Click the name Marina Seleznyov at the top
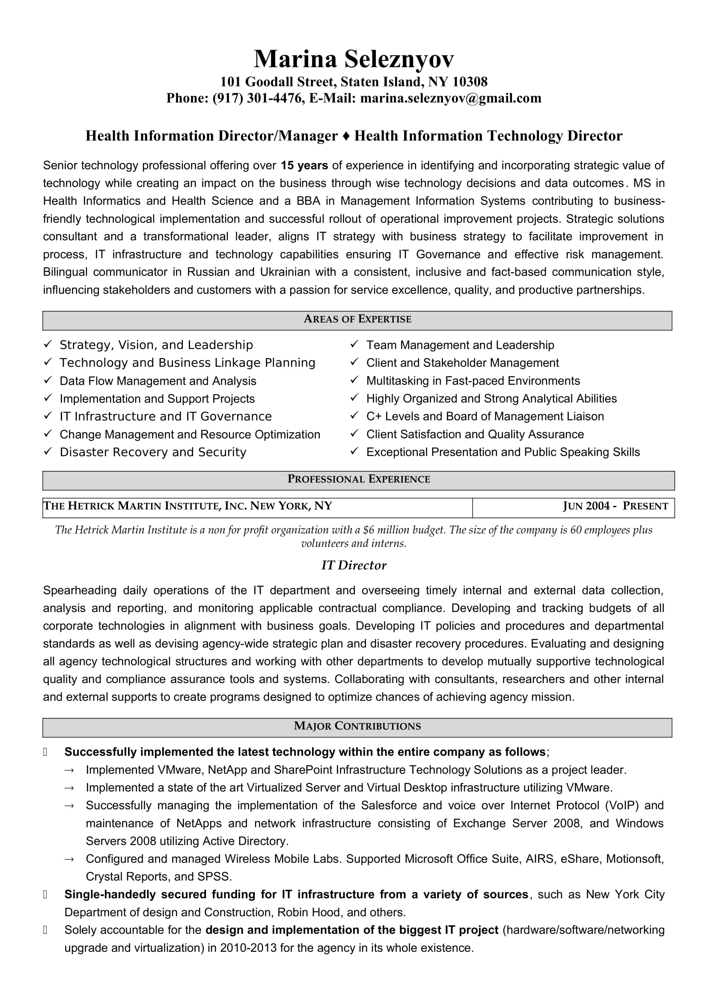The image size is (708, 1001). (354, 59)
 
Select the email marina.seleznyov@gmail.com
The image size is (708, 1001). (451, 98)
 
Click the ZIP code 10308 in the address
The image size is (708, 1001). (470, 82)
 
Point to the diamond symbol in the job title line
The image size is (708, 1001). (346, 136)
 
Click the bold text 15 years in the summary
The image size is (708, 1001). (304, 166)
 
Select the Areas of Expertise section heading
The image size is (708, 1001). (357, 319)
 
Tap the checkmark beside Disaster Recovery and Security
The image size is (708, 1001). (48, 451)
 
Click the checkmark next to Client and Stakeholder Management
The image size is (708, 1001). (354, 362)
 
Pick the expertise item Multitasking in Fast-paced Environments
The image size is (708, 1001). (473, 380)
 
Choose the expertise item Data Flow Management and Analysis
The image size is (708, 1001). (158, 380)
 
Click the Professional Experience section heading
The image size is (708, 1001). (358, 479)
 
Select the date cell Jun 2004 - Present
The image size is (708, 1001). (615, 506)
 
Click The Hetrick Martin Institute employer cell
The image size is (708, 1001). (187, 506)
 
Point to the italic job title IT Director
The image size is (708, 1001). (354, 565)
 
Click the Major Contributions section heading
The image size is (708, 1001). (357, 726)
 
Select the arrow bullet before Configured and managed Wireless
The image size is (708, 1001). (69, 859)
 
